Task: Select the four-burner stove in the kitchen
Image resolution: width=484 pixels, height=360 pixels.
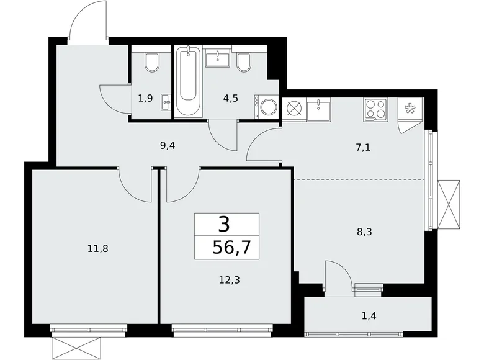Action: point(374,109)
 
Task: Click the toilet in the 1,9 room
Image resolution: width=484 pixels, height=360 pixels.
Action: point(151,62)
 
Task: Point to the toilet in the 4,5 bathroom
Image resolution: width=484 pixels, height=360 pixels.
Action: point(244,62)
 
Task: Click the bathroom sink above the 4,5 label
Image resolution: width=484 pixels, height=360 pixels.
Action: point(218,59)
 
